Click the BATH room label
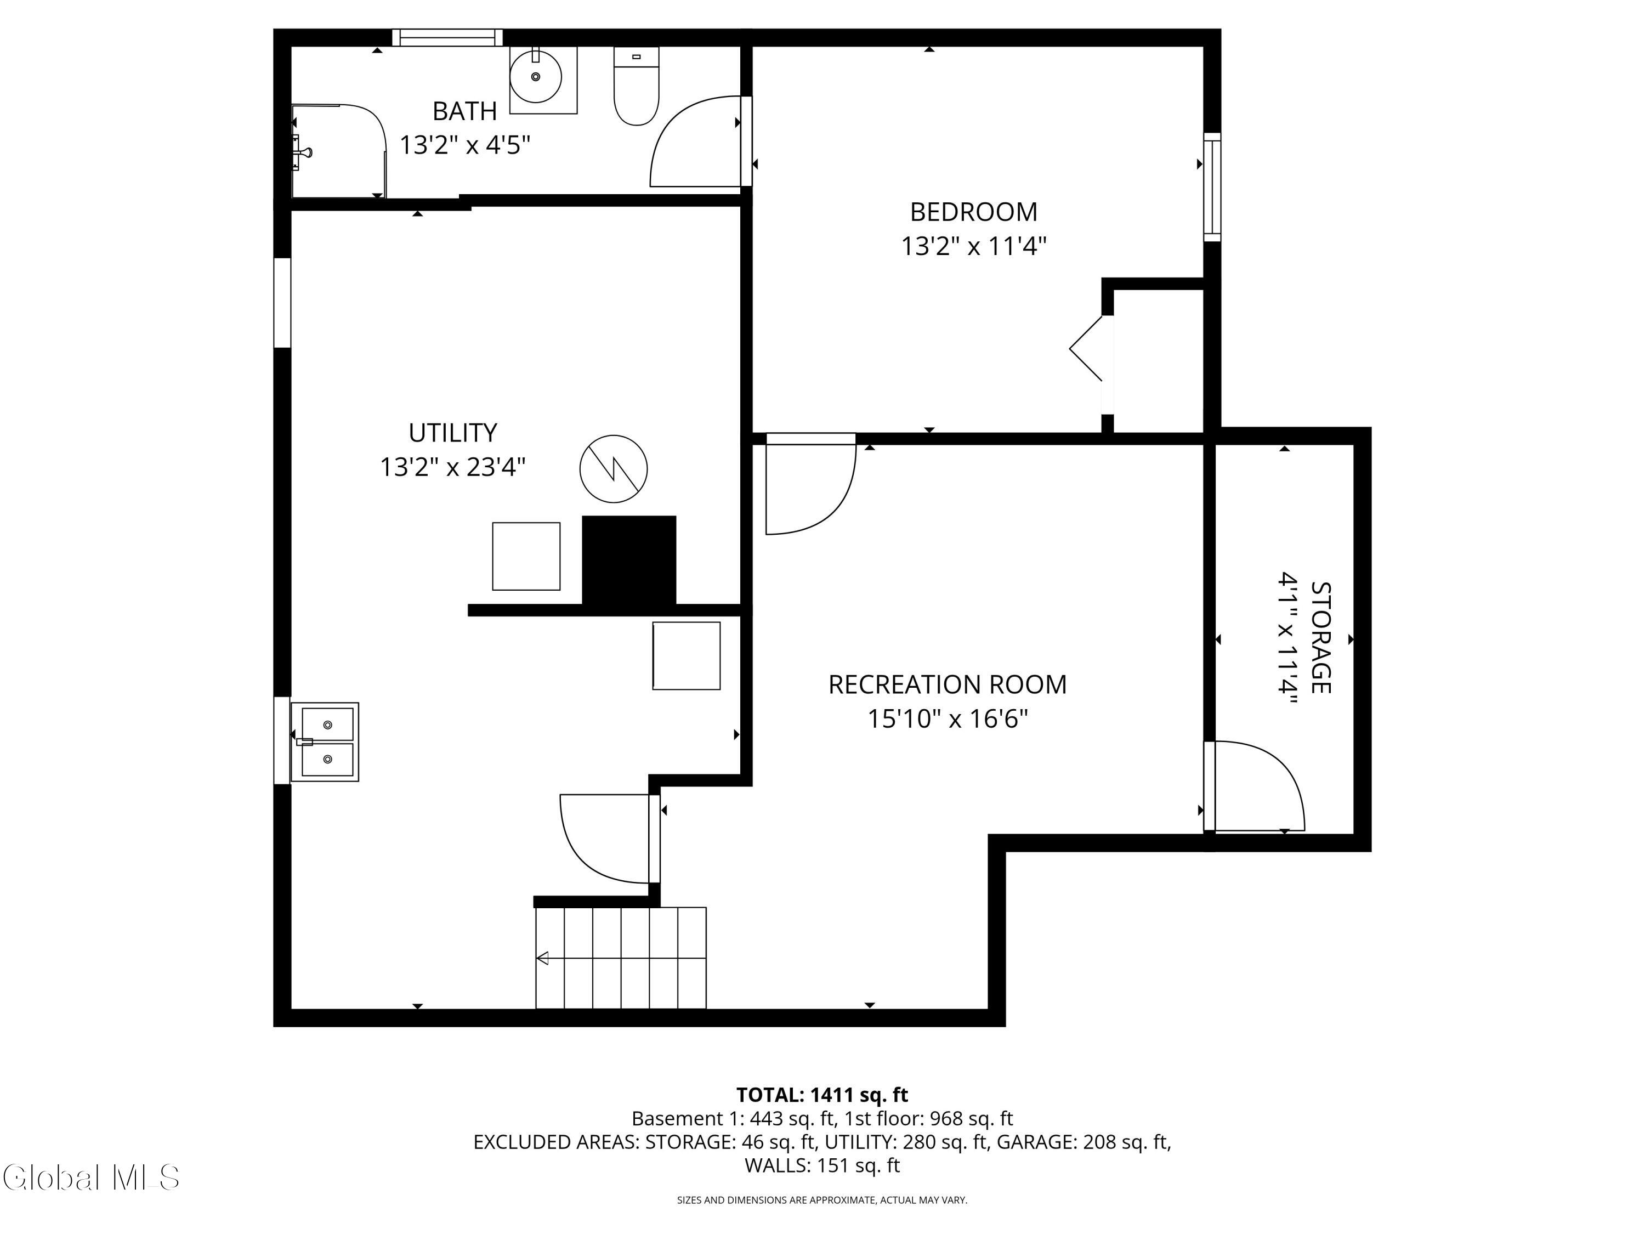465,111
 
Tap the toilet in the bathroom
637,86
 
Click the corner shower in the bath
338,151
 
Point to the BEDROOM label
973,212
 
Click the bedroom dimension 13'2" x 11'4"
973,246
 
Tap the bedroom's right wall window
1212,186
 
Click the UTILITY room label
452,432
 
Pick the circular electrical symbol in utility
614,468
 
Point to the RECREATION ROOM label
948,684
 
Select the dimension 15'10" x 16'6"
948,718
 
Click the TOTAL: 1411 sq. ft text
822,1095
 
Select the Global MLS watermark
90,1177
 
